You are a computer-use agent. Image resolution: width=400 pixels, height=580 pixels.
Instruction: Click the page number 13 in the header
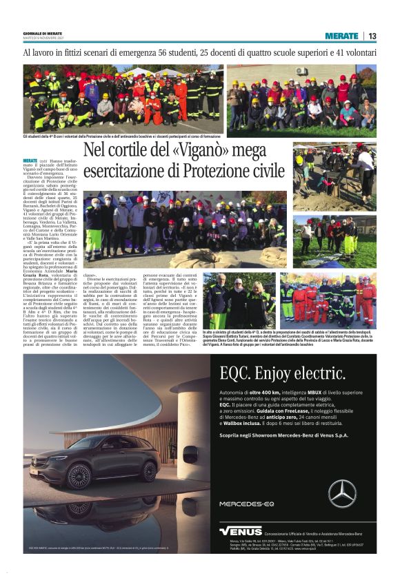pos(372,36)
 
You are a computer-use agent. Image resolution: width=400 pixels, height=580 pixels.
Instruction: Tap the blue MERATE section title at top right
pos(343,36)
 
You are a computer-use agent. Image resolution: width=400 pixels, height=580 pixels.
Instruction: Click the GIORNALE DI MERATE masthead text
pos(41,34)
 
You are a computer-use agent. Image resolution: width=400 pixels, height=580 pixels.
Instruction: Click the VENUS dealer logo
pos(241,531)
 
